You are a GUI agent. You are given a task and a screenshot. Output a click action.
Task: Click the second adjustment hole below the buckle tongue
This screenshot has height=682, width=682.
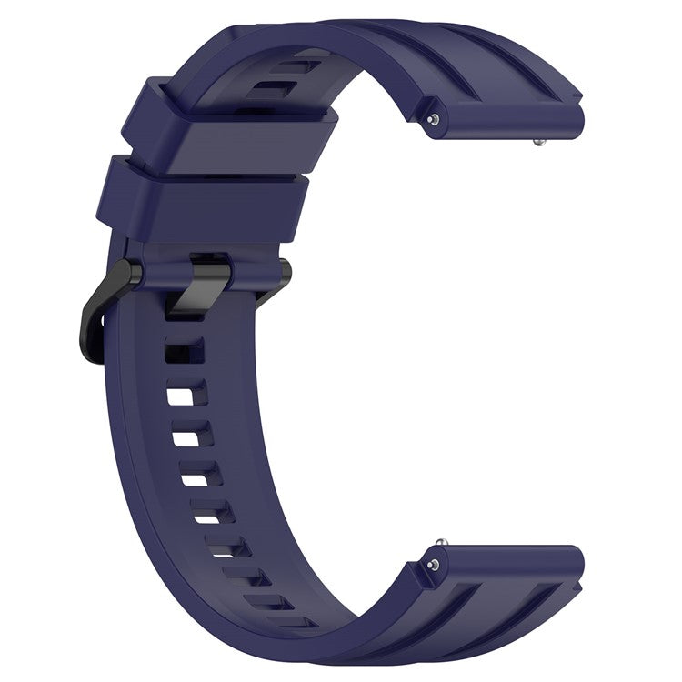pos(187,394)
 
